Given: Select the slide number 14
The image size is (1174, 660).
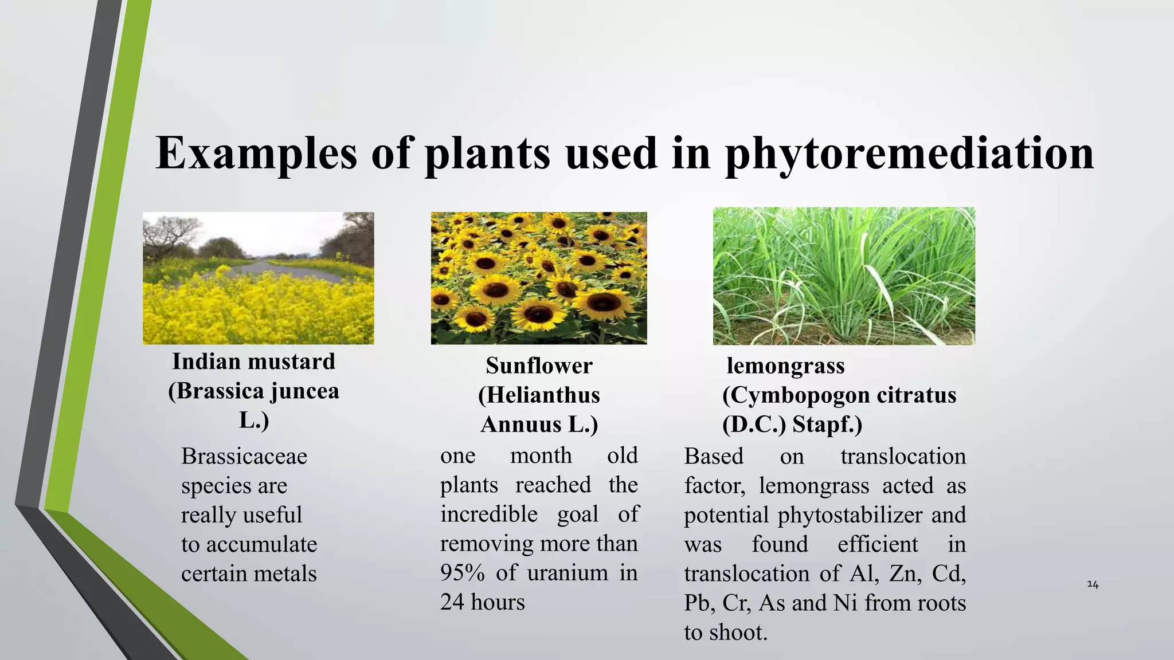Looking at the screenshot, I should [1093, 584].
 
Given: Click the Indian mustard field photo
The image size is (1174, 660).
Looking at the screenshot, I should [258, 278].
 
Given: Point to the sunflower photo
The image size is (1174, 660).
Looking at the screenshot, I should [539, 278].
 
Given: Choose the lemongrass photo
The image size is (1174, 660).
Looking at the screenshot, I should [844, 276].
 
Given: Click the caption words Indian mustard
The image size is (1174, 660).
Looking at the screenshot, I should [253, 362].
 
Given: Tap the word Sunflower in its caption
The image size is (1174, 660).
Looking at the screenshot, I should [539, 366].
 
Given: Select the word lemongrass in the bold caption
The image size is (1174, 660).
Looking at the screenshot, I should [785, 366].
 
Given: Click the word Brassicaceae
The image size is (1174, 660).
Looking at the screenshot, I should [244, 457].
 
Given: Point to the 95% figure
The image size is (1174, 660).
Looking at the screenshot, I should [462, 573].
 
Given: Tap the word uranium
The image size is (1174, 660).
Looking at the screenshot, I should [568, 573].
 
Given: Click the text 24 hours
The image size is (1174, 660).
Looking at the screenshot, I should [482, 602].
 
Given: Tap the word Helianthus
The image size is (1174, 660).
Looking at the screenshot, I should [539, 395].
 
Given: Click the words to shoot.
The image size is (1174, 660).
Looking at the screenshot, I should [725, 632].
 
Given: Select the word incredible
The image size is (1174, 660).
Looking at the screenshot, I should [488, 514].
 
